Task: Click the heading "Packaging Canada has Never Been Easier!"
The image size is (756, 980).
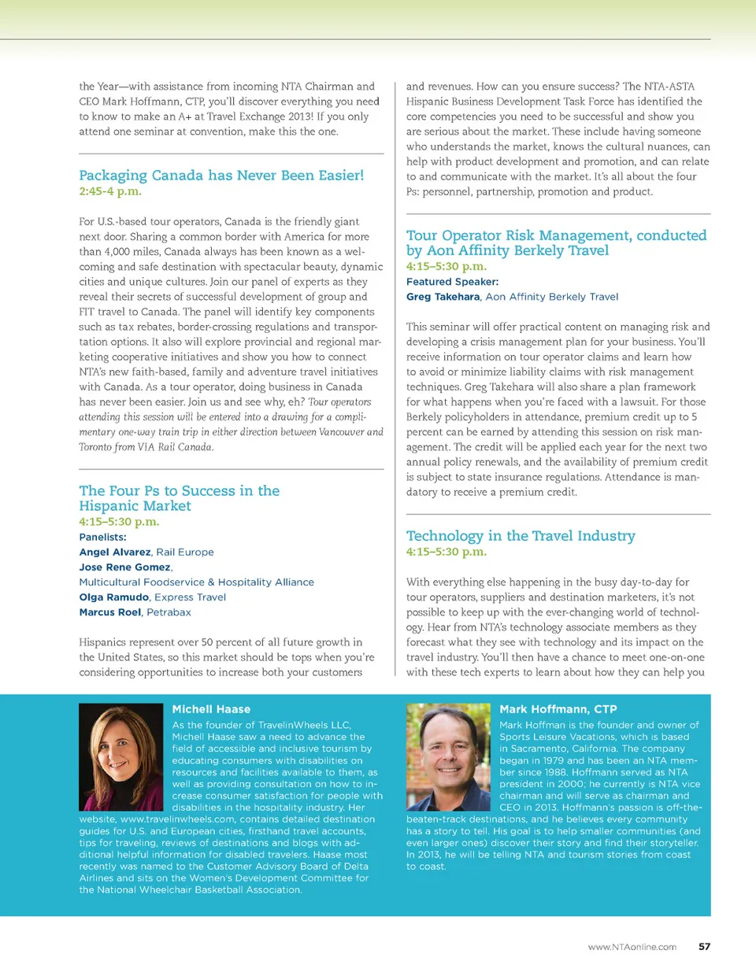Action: pyautogui.click(x=221, y=176)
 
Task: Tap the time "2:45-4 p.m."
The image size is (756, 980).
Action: pyautogui.click(x=110, y=191)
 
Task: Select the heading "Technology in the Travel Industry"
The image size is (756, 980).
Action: pyautogui.click(x=521, y=536)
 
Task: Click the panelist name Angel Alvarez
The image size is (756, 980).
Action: pyautogui.click(x=115, y=553)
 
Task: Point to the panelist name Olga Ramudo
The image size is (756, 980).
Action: pyautogui.click(x=114, y=597)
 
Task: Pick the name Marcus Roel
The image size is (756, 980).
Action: pyautogui.click(x=110, y=612)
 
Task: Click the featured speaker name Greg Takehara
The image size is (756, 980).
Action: pyautogui.click(x=443, y=297)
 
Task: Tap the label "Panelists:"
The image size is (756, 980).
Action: pyautogui.click(x=102, y=538)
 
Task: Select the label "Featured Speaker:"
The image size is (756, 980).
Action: pyautogui.click(x=452, y=282)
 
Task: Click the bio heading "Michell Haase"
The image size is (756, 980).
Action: pyautogui.click(x=211, y=709)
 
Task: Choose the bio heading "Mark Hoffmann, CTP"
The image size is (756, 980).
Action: pyautogui.click(x=558, y=709)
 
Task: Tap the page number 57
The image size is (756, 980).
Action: pyautogui.click(x=704, y=947)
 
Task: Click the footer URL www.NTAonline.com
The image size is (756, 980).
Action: pyautogui.click(x=632, y=947)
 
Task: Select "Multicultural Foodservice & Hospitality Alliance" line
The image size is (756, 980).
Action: pyautogui.click(x=196, y=582)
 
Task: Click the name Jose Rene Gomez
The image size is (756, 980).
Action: pyautogui.click(x=124, y=568)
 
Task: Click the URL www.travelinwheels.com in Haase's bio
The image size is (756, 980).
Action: pyautogui.click(x=177, y=819)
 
